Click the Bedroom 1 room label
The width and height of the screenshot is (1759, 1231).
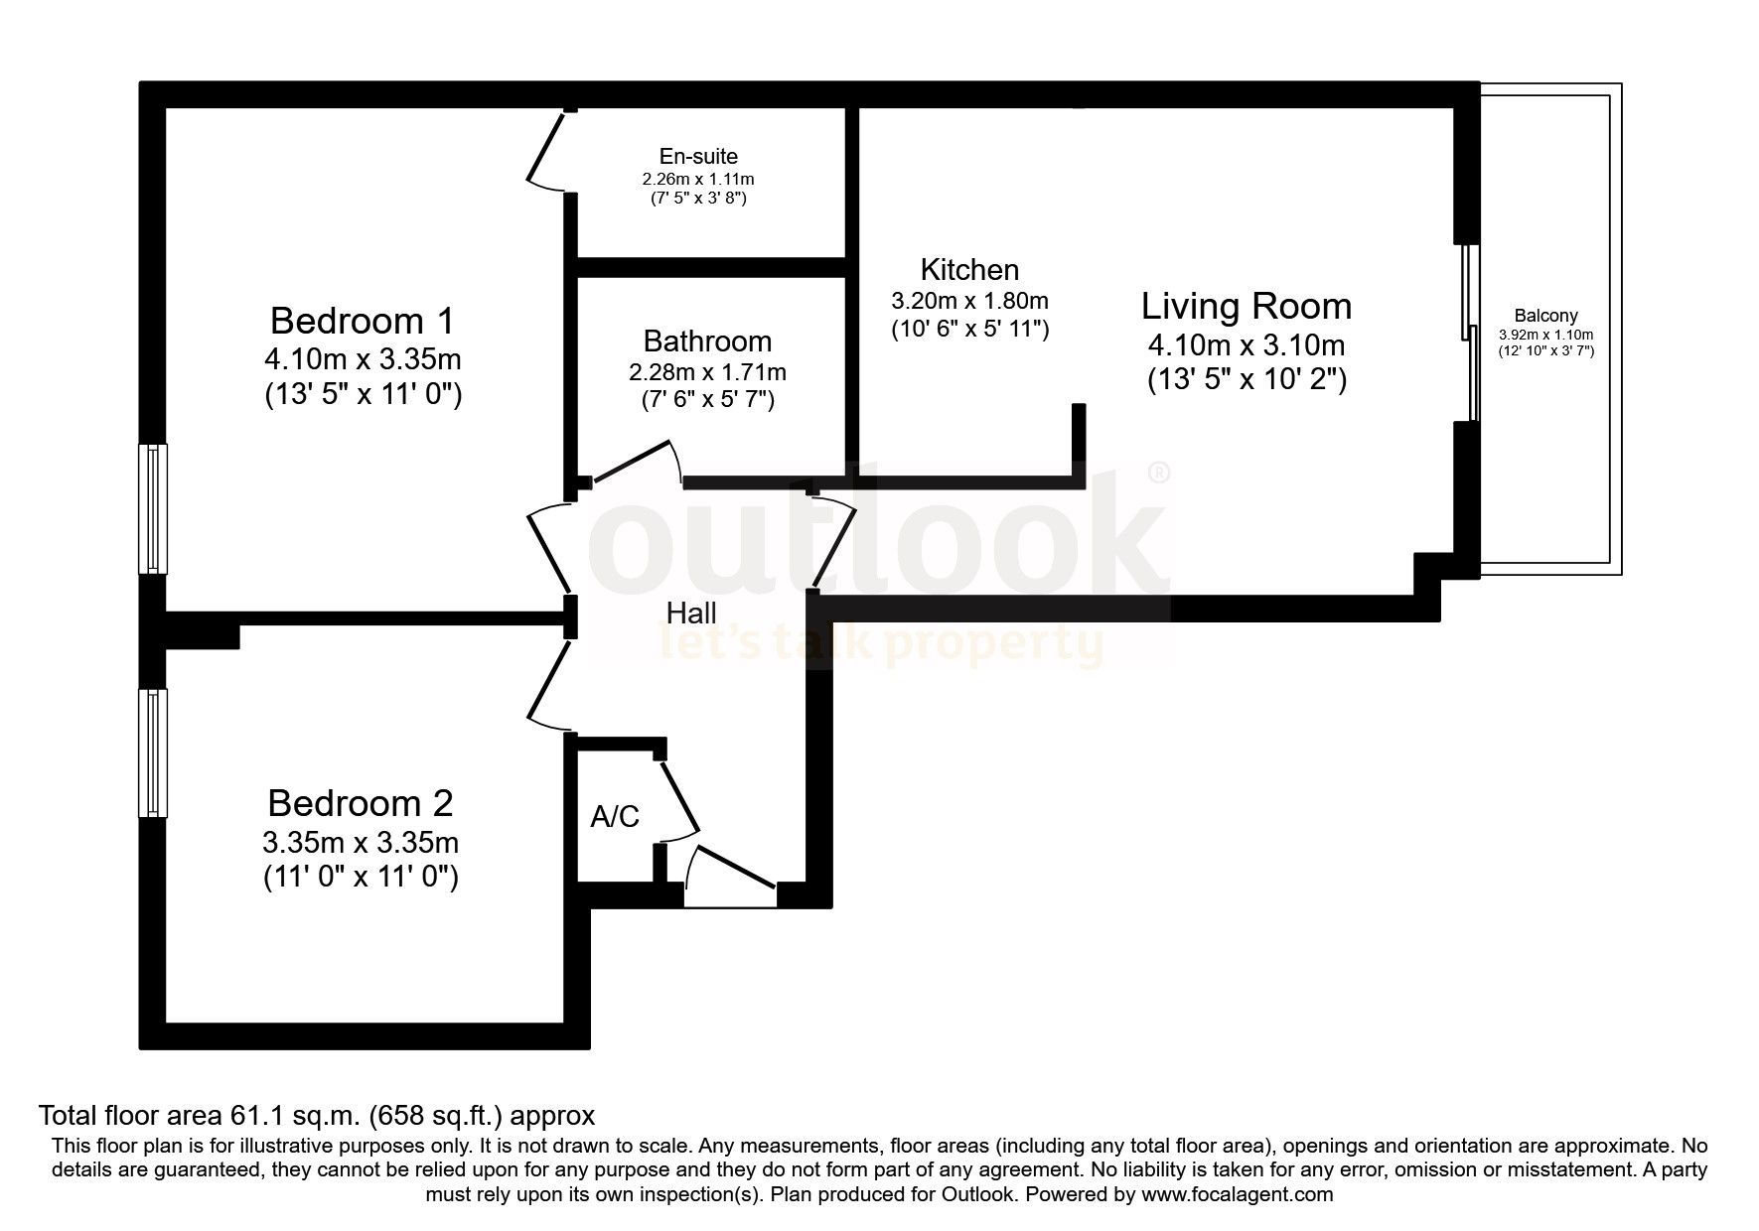tap(362, 322)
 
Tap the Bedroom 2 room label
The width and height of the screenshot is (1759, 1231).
tap(361, 802)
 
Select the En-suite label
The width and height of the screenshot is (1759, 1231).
tap(698, 157)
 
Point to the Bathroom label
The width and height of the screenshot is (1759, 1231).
tap(707, 342)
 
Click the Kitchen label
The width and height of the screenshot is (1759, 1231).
tap(969, 270)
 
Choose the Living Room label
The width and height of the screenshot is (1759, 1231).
tap(1246, 306)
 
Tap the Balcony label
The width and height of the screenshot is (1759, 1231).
tap(1545, 317)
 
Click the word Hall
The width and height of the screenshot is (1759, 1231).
tap(691, 613)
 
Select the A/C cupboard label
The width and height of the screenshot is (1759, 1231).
tap(615, 817)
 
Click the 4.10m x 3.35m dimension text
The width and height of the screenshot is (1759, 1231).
tap(362, 358)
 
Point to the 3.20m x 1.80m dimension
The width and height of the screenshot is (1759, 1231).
tap(969, 301)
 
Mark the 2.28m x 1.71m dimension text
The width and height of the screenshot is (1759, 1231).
tap(707, 373)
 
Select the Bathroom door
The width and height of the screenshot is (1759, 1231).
tap(636, 463)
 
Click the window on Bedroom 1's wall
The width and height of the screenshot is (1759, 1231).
tap(153, 508)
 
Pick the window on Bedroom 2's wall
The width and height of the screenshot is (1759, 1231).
tap(153, 752)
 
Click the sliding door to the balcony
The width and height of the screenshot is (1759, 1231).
tap(1471, 332)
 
